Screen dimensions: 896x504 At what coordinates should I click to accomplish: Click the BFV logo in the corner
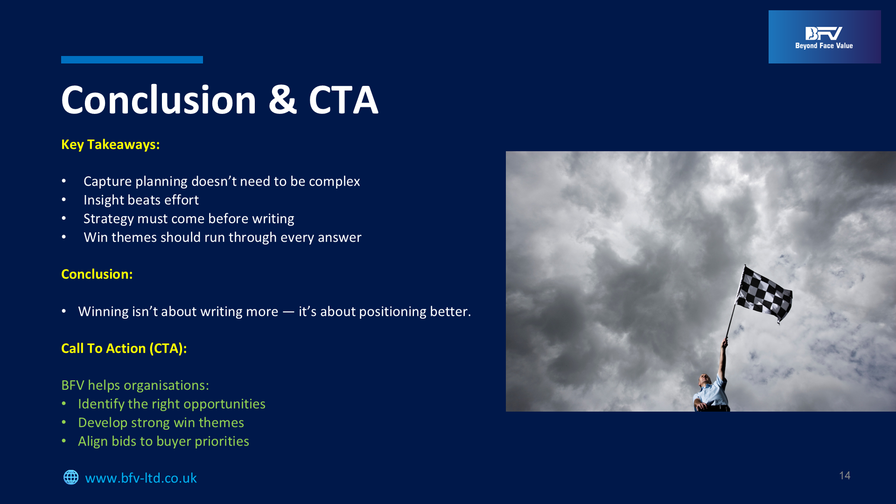[825, 37]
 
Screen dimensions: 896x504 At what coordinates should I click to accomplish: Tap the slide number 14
[845, 476]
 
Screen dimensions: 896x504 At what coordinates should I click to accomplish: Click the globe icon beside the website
[71, 477]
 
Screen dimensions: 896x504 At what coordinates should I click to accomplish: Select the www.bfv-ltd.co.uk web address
[141, 478]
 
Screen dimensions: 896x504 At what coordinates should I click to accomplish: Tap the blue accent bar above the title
[132, 60]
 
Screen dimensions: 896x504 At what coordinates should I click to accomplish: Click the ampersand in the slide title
[282, 100]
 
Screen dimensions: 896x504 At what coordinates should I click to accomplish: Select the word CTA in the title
[343, 100]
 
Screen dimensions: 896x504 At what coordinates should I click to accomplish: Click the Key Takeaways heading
[111, 145]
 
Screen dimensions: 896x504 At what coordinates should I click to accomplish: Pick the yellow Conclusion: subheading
[97, 274]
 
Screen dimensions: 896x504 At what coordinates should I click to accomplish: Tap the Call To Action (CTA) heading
[124, 348]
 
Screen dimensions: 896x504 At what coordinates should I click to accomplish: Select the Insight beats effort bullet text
[141, 200]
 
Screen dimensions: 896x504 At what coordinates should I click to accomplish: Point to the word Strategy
[109, 219]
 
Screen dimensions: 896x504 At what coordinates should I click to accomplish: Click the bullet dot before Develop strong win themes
[64, 423]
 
